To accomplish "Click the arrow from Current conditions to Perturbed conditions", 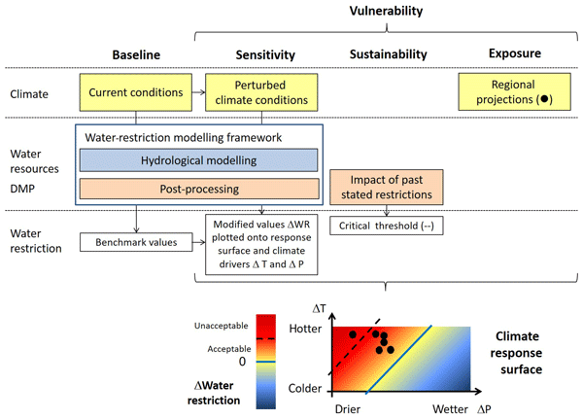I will [197, 93].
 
